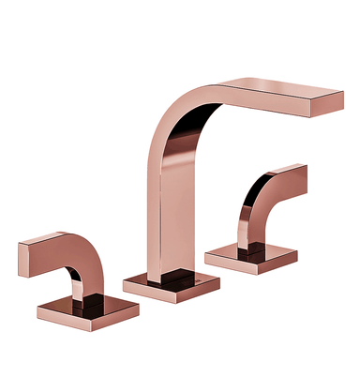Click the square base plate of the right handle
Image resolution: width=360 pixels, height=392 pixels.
[250, 255]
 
